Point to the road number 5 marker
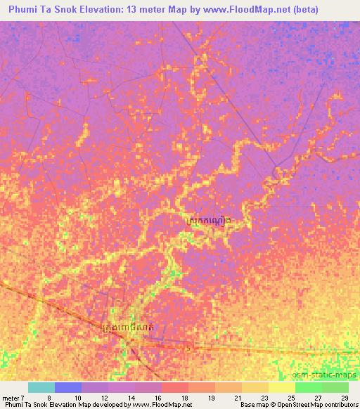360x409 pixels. coord(189,347)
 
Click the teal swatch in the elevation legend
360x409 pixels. coord(41,387)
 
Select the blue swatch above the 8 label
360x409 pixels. coord(68,387)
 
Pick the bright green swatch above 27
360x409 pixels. coord(308,387)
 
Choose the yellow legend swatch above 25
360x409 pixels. coord(281,387)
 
